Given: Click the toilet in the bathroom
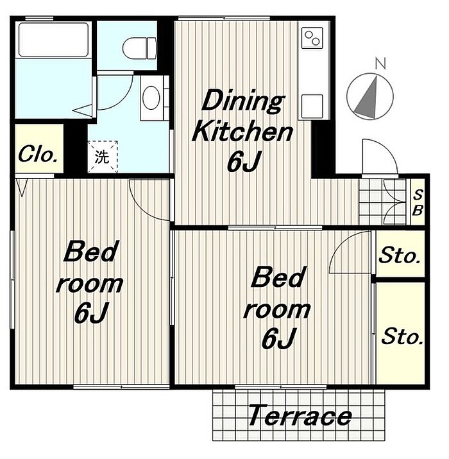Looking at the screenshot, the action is pos(140,48).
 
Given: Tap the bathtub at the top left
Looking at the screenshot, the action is pos(53,40).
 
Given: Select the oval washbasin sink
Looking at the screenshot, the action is pos(151,98).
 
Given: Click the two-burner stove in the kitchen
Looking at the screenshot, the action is pos(312,38).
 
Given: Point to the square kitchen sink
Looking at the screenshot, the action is pos(312,106).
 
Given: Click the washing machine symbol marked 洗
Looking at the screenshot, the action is pos(103,157).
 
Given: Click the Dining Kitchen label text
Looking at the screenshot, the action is pos(242,116).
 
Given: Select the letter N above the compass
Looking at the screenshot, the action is pos(380,63).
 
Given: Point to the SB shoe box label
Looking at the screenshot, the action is pos(418,202).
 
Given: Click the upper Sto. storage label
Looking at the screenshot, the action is pos(400,255).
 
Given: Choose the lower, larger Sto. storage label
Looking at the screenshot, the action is pos(402,336).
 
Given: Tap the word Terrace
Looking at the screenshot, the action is pos(300,415).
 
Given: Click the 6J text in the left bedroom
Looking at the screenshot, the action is pos(91,313).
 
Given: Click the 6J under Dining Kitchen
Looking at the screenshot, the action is pos(244,160).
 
